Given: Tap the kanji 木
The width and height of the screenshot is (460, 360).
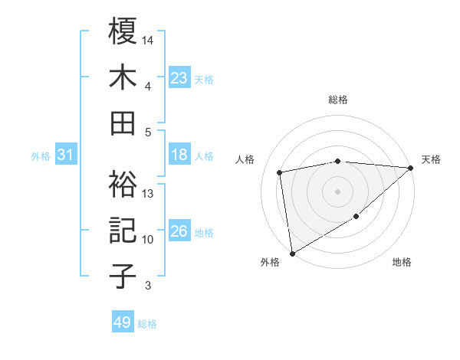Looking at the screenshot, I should [123, 77].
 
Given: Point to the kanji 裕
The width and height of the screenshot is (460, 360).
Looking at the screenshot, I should [123, 184].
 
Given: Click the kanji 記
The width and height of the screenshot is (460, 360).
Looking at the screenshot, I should [123, 231].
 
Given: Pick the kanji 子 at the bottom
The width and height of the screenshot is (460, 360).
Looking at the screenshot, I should [123, 277].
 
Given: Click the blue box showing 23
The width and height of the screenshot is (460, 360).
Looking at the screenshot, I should [179, 77].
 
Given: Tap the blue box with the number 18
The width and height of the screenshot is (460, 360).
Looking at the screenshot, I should [179, 155].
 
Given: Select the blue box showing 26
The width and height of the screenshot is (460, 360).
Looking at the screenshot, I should [179, 231].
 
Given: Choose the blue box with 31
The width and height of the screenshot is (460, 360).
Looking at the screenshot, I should [66, 155].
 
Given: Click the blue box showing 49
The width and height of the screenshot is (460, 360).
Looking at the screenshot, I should [123, 322].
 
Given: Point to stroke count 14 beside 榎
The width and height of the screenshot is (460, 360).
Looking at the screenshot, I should [148, 39].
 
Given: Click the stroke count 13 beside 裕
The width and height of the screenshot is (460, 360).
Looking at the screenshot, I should [148, 194].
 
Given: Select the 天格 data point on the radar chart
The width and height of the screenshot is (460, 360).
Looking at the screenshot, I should [410, 168].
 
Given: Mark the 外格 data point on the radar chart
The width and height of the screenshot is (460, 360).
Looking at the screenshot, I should [292, 253].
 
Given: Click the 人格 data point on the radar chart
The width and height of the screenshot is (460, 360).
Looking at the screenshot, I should [280, 172].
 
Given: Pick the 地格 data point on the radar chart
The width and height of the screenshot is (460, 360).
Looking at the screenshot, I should [356, 218].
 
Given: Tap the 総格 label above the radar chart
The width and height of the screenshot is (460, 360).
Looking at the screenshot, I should [338, 100].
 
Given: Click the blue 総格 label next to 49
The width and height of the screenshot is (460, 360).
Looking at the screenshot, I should [147, 324].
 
